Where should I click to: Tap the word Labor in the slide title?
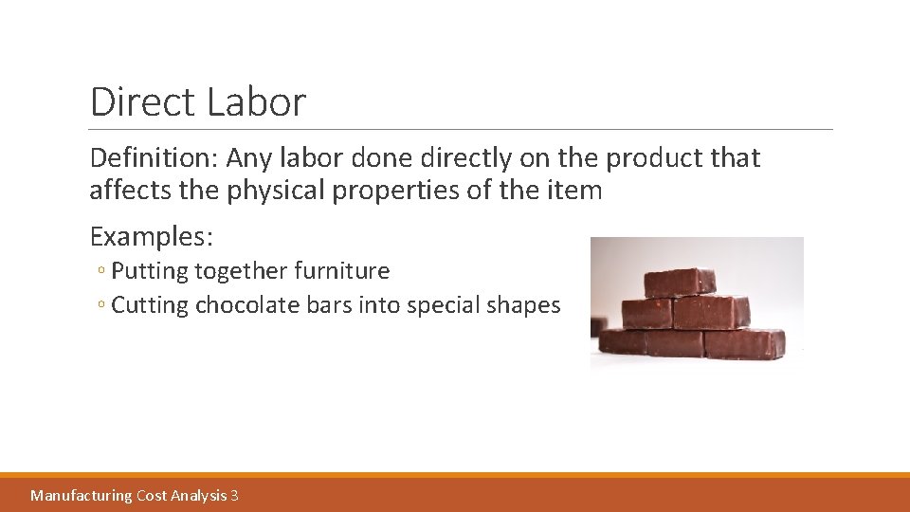click(x=255, y=102)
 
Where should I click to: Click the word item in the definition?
click(x=573, y=191)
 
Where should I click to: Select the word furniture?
click(x=341, y=271)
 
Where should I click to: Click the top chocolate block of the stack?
click(x=680, y=282)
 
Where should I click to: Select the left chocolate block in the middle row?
click(x=646, y=313)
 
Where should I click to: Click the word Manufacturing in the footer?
click(x=82, y=495)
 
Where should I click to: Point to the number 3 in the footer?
click(x=234, y=495)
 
